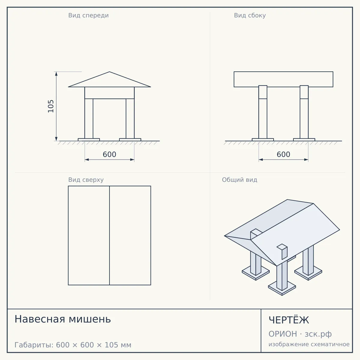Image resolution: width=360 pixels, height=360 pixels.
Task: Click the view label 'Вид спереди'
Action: (x=88, y=16)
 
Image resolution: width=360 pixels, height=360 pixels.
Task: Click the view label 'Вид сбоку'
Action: (x=250, y=16)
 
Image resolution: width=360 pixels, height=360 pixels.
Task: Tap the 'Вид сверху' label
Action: (x=86, y=180)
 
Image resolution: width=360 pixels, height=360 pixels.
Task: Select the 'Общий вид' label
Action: (x=239, y=180)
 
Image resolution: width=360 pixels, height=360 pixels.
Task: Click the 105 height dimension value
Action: (x=51, y=106)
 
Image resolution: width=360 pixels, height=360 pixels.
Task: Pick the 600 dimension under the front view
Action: (x=109, y=154)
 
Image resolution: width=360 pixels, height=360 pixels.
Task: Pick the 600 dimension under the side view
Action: (x=283, y=154)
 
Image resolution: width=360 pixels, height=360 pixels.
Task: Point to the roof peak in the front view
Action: (x=109, y=72)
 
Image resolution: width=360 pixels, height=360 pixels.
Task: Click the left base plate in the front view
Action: (x=89, y=139)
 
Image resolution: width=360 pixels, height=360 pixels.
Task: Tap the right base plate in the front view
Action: (x=130, y=139)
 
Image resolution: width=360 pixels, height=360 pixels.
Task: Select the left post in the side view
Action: (x=263, y=112)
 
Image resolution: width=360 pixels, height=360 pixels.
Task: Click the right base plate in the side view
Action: (x=304, y=139)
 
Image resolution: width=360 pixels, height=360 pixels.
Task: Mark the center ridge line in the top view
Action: (x=109, y=235)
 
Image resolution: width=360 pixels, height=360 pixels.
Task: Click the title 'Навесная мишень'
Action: (x=63, y=319)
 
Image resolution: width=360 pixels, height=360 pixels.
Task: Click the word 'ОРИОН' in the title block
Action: (x=283, y=334)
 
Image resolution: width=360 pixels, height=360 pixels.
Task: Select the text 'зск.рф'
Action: (x=318, y=334)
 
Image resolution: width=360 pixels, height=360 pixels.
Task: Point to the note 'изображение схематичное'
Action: (x=309, y=344)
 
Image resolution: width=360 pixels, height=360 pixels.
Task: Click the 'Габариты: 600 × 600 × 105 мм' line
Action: (x=73, y=345)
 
